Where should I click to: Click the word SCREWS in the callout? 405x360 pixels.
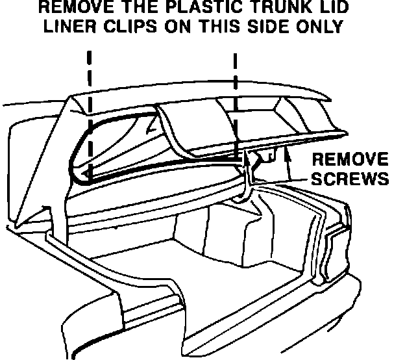(x=350, y=178)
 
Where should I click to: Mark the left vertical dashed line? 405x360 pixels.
(x=88, y=117)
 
